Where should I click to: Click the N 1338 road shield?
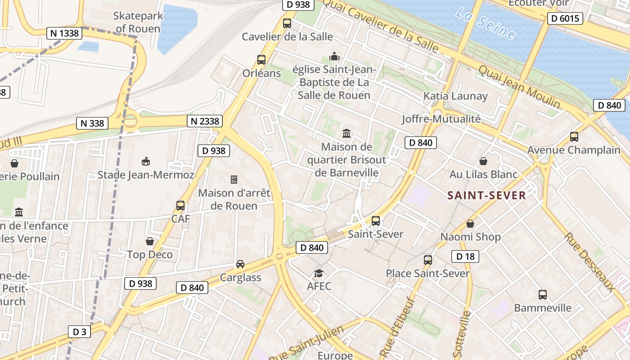63,33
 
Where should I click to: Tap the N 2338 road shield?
205,121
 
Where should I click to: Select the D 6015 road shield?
565,18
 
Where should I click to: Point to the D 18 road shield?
465,256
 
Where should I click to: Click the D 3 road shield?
79,332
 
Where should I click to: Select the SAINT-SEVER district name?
486,195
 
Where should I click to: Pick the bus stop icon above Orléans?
261,59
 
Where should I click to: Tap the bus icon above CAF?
180,206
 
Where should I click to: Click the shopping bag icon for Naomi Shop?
470,224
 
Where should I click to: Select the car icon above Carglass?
240,264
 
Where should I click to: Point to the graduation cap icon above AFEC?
319,273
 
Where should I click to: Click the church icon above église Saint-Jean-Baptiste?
334,56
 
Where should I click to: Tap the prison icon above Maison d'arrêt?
234,180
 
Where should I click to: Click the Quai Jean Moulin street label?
520,87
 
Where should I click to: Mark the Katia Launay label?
455,96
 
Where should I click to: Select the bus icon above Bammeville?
543,295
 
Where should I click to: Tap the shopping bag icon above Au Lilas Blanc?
483,161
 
